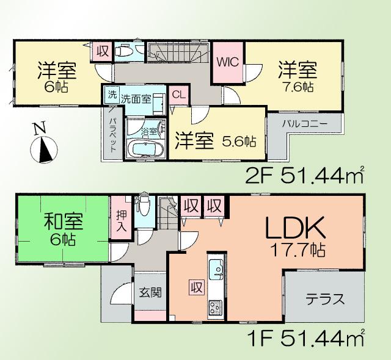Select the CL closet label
[178, 95]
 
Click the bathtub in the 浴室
[144, 149]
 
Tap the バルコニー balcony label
[305, 124]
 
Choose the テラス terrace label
[325, 300]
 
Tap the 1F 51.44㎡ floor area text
[305, 338]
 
